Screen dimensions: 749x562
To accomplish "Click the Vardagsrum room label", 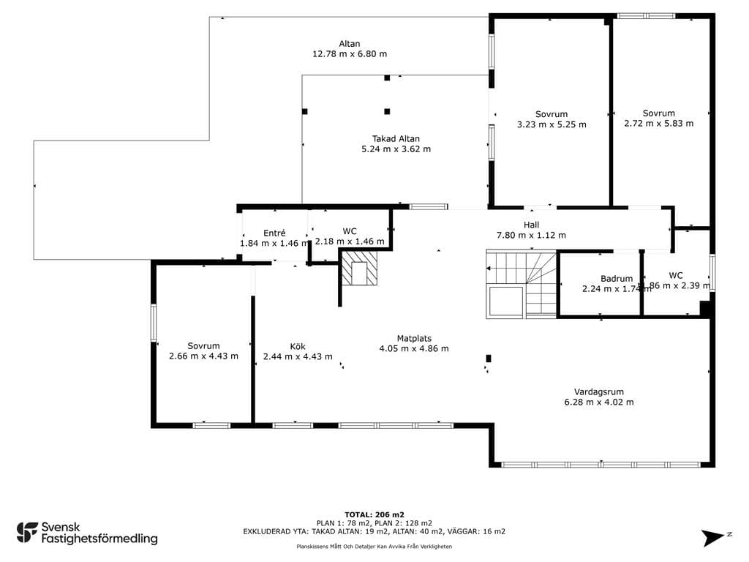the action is coord(598,392).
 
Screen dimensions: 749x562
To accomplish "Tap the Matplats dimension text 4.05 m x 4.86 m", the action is coord(414,348).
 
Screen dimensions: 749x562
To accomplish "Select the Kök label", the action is coord(298,346).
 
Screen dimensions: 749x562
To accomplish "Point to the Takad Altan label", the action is coord(396,138).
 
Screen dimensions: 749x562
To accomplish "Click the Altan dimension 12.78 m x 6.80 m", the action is coord(350,54).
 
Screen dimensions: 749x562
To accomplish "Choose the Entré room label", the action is coord(274,233).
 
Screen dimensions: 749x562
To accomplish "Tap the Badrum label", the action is coord(617,279).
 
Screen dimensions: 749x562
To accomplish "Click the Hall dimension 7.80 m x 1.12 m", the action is coord(531,235).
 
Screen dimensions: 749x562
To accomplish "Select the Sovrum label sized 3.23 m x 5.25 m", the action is coord(552,114).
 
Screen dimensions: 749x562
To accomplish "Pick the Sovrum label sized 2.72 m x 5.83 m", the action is coord(659,113).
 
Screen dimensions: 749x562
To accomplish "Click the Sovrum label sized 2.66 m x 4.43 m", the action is coord(203,346).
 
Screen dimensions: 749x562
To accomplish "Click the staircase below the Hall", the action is coord(522,284).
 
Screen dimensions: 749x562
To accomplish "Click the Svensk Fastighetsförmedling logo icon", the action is coord(27,533).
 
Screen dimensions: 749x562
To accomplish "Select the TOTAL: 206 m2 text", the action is coord(374,514).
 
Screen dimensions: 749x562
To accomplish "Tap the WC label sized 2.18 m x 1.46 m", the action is coord(350,231).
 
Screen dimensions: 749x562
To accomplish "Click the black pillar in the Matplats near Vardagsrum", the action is coord(488,359).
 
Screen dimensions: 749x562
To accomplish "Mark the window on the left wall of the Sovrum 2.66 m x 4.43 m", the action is coord(154,323).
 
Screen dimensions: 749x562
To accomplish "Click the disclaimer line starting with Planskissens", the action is coord(374,546).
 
